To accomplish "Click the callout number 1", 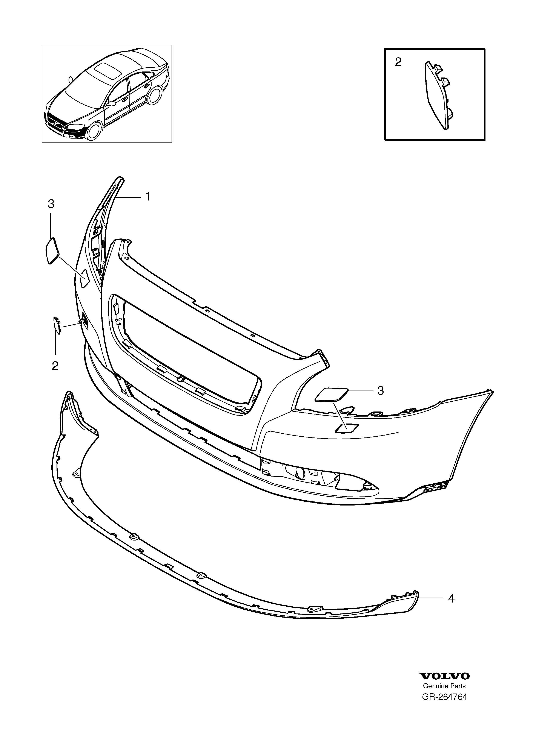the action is (148, 197).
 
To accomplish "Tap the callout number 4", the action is (451, 598).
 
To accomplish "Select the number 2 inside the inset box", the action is (398, 62).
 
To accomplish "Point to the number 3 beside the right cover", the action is (381, 391).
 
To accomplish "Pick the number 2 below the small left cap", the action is (55, 366).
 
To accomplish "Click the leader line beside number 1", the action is (129, 197).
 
